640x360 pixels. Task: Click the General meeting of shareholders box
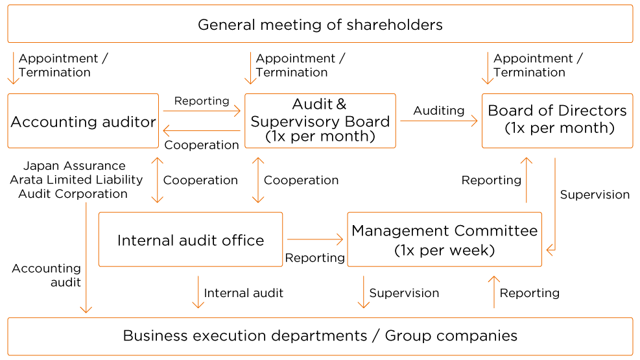click(320, 24)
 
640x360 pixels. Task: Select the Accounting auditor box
click(83, 121)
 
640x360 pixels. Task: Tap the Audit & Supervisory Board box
click(320, 121)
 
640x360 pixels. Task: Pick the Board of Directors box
click(557, 121)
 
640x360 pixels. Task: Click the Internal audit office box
click(191, 239)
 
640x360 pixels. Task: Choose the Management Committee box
click(444, 239)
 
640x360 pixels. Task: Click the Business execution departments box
click(320, 337)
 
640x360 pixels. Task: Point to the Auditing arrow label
click(439, 111)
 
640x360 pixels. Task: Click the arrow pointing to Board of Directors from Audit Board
click(439, 121)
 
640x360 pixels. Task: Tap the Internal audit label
click(243, 293)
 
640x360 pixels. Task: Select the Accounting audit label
click(47, 275)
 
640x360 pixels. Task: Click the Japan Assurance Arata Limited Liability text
click(77, 173)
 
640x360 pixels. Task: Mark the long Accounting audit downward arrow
click(86, 258)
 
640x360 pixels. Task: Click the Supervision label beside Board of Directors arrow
click(595, 195)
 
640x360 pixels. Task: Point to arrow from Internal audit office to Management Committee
click(315, 239)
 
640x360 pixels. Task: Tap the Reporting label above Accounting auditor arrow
click(202, 101)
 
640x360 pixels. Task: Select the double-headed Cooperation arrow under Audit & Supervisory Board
click(258, 180)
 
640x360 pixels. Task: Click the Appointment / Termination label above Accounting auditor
click(64, 66)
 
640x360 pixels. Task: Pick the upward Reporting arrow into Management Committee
click(494, 292)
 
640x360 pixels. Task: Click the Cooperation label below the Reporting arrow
click(202, 145)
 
